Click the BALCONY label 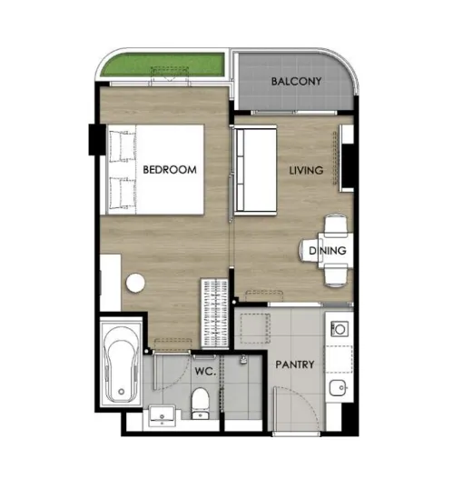pos(296,81)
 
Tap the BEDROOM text pos(170,170)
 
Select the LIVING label pos(306,171)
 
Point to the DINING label pos(328,251)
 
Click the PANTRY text pos(295,364)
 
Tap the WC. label pos(205,372)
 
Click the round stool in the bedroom pos(135,284)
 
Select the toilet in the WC pos(200,404)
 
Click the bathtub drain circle pos(121,392)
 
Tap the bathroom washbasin pos(162,415)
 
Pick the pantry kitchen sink pos(338,388)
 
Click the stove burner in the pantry pos(340,329)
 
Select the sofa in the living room pos(255,170)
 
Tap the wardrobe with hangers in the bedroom pos(215,313)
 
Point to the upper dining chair pos(335,225)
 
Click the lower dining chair pos(335,275)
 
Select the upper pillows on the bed pos(123,146)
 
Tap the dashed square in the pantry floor pos(255,329)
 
